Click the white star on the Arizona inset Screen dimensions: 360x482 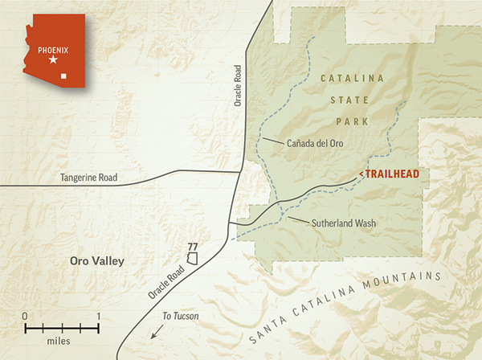tap(53, 60)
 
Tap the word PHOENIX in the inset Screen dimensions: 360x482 tap(54, 47)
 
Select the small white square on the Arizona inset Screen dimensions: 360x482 tap(74, 77)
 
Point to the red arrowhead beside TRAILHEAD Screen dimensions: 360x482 tap(361, 174)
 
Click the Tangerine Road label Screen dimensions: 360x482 tap(90, 178)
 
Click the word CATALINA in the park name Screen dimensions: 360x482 tap(353, 79)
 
